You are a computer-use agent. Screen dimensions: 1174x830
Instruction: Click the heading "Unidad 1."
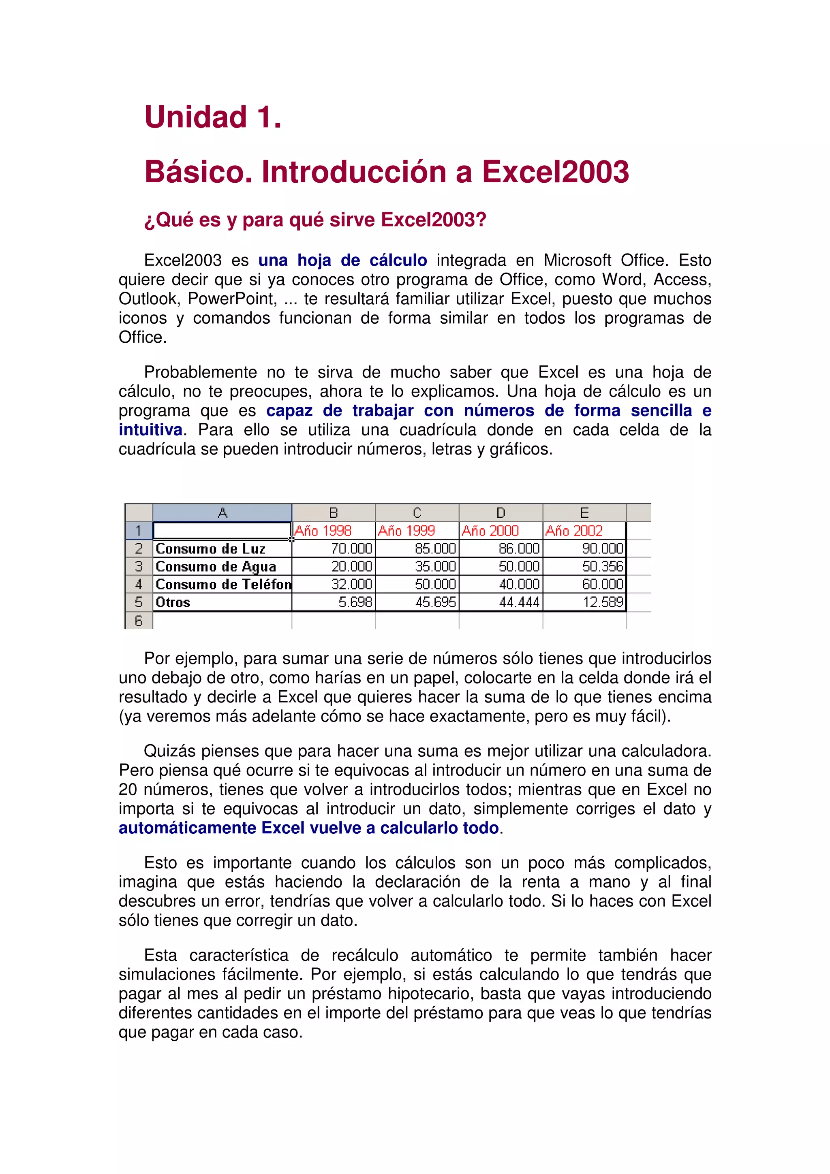(213, 117)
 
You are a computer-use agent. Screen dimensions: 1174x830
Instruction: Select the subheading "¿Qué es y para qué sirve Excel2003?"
(315, 220)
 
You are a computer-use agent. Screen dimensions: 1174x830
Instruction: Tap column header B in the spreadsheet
(334, 513)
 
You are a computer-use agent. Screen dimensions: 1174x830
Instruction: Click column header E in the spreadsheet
(584, 513)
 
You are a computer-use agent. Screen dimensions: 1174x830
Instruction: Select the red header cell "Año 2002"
(574, 531)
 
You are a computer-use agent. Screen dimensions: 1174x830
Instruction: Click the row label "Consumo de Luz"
(211, 549)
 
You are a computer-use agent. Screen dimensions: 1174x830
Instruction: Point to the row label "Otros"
(173, 602)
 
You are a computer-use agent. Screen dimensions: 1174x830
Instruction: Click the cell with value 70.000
(351, 549)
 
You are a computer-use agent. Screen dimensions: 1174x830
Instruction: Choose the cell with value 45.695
(435, 602)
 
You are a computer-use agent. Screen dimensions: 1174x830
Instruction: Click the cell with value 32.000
(351, 585)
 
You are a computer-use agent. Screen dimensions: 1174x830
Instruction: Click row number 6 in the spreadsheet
(139, 620)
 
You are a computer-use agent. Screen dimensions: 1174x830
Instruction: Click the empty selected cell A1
(222, 531)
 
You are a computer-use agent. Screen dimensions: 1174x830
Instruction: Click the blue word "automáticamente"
(188, 828)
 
